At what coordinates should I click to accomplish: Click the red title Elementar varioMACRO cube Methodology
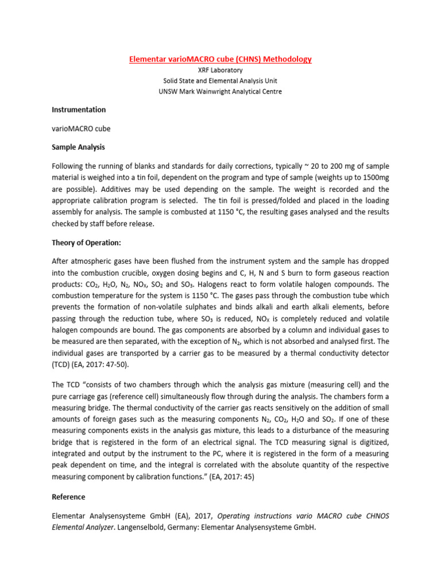tap(220, 59)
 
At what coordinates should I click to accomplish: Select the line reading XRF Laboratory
tap(220, 70)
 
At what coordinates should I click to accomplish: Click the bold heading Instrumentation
tap(79, 110)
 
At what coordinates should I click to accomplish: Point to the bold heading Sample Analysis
tap(78, 148)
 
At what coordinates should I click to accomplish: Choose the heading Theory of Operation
tap(86, 243)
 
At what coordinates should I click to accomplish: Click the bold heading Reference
tap(68, 497)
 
